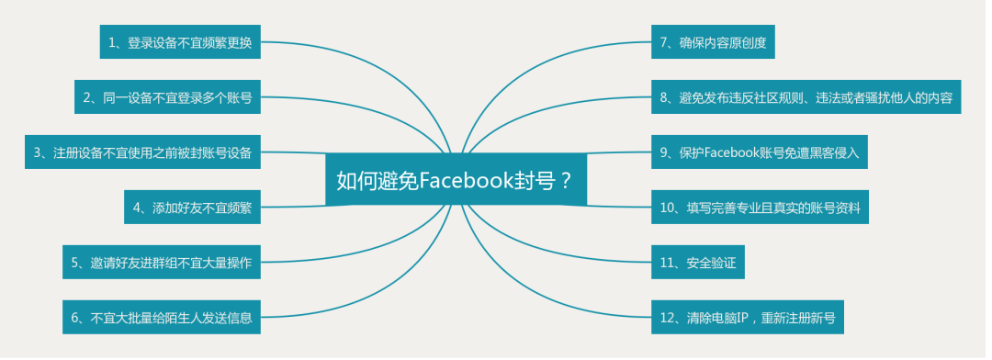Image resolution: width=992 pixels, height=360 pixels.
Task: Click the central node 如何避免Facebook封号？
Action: tap(455, 180)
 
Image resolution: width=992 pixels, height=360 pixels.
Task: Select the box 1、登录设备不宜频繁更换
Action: tap(182, 42)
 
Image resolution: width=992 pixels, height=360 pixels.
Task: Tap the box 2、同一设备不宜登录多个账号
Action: tap(167, 97)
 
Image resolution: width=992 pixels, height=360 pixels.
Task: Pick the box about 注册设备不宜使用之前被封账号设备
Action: tap(142, 152)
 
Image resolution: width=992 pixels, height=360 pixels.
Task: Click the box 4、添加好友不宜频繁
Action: tap(192, 208)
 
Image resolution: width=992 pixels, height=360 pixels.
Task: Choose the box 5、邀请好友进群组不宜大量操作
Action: tap(161, 263)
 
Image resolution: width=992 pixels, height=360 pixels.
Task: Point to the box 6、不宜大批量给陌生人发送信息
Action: tap(161, 318)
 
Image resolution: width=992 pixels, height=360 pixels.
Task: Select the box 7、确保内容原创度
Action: tap(713, 42)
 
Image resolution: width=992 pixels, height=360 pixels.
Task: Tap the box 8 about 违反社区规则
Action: tap(806, 97)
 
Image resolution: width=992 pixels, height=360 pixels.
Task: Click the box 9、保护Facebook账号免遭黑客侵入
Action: tap(759, 152)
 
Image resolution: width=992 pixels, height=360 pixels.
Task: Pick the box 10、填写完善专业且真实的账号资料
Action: tap(760, 208)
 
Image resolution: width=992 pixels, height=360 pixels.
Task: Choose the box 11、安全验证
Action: tap(697, 263)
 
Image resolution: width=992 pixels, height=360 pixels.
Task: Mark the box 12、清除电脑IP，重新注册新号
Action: tap(747, 318)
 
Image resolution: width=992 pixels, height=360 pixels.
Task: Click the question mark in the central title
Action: tap(566, 180)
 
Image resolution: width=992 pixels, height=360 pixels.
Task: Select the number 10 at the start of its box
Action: tap(667, 208)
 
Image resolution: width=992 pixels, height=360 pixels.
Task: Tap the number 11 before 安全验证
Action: tap(667, 263)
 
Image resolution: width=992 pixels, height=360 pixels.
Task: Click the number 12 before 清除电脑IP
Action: tap(667, 318)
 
